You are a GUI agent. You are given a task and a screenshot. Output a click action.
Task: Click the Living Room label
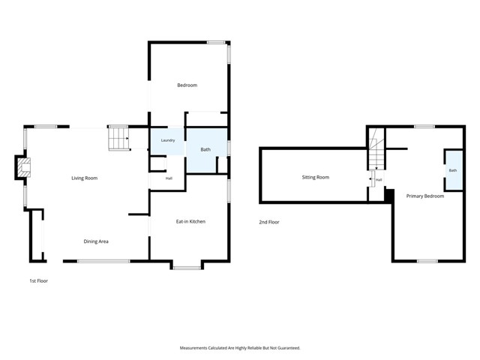(x=85, y=178)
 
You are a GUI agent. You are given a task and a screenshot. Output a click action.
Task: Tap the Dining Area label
(x=96, y=241)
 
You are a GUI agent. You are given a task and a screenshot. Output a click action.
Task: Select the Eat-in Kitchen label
(x=190, y=221)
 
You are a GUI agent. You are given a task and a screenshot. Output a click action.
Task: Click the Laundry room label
(x=168, y=140)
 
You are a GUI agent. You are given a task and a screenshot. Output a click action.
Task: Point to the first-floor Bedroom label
(x=187, y=85)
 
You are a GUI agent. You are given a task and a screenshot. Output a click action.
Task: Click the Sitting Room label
(x=315, y=177)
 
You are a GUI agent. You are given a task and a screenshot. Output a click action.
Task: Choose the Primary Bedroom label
(x=425, y=196)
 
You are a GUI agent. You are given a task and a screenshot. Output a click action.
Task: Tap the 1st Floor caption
(x=38, y=280)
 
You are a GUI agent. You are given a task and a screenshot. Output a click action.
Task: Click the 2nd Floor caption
(x=269, y=222)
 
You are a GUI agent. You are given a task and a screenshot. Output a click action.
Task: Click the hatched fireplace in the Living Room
(x=24, y=167)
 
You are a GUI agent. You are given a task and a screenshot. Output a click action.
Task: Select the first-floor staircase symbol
(x=118, y=139)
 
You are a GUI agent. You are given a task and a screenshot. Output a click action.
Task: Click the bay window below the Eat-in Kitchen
(x=187, y=268)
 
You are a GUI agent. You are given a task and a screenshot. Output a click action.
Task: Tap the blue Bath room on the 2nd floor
(x=454, y=170)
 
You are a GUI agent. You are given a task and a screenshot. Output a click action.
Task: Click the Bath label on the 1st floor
(x=205, y=149)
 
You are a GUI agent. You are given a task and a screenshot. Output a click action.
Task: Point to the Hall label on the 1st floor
(x=169, y=178)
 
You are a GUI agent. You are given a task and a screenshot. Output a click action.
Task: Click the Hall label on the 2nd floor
(x=379, y=180)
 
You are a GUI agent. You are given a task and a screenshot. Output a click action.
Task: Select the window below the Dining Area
(x=103, y=261)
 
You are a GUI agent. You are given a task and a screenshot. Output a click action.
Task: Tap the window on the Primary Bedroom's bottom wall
(x=427, y=261)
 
